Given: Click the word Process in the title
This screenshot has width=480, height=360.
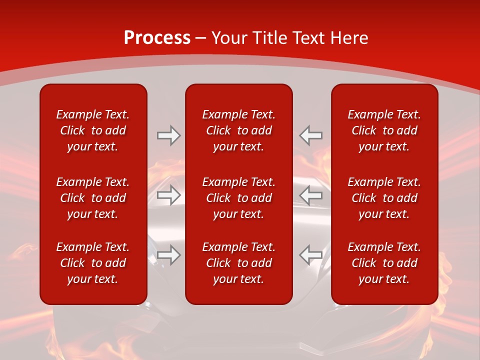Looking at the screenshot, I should [x=157, y=38].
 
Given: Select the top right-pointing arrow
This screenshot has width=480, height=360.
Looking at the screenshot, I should [x=168, y=135].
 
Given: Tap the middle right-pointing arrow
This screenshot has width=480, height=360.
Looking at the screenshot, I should [x=168, y=195].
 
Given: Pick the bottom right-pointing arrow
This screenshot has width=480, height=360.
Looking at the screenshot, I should [x=168, y=255].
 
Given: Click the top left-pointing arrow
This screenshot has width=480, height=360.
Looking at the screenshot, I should [x=311, y=135].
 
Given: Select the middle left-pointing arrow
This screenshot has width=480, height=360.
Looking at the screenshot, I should [x=311, y=195].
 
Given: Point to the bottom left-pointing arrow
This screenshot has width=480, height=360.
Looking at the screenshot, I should [x=311, y=255].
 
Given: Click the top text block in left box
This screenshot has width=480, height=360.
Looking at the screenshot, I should [x=92, y=130].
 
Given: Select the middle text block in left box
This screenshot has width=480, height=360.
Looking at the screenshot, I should [x=92, y=198].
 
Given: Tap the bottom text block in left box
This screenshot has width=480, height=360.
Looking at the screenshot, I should [x=92, y=263].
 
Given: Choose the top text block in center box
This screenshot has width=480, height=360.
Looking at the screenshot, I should [x=238, y=130].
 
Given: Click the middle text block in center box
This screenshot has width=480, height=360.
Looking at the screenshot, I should [x=238, y=198].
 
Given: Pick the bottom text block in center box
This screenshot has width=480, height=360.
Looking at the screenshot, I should [x=238, y=263].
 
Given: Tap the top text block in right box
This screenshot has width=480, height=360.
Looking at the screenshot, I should [x=384, y=130].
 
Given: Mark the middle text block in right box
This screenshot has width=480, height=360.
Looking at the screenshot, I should [x=384, y=198].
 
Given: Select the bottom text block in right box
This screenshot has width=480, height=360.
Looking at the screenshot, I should [x=384, y=263].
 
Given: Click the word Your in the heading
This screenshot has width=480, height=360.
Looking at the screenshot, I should [x=230, y=38].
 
